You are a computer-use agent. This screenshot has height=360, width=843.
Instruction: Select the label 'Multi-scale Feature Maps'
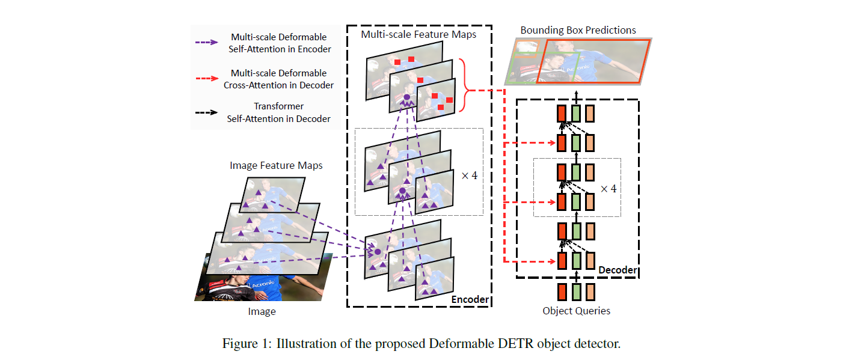(418, 34)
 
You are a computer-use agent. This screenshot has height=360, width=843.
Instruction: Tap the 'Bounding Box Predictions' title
(578, 30)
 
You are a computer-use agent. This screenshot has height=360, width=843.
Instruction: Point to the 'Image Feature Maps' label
(276, 165)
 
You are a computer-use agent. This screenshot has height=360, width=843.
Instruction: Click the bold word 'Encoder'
(470, 299)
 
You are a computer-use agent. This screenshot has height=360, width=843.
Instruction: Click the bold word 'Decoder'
(618, 270)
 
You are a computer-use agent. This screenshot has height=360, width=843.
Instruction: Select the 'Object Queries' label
(576, 311)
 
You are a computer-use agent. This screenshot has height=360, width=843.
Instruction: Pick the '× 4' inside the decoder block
(608, 188)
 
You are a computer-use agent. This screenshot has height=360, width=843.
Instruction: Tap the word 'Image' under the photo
(262, 311)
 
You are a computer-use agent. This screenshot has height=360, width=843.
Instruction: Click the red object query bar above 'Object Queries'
(561, 291)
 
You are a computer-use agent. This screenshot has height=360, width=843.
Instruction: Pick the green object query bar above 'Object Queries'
(576, 291)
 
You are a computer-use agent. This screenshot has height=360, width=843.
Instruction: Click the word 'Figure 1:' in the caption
(247, 344)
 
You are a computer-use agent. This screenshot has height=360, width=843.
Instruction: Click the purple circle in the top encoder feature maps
(406, 97)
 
